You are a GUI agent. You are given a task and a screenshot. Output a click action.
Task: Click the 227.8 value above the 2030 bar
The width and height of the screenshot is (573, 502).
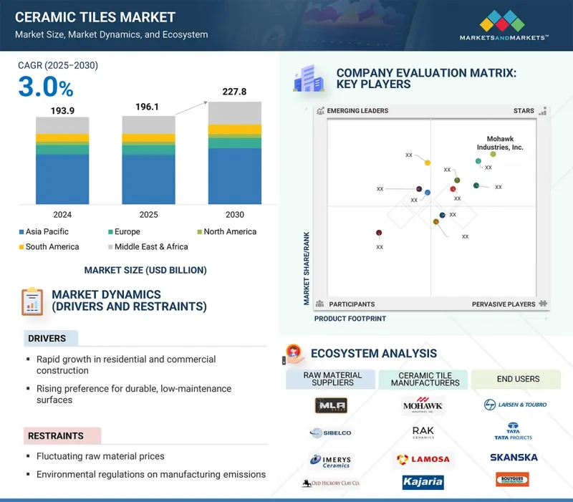(x=234, y=92)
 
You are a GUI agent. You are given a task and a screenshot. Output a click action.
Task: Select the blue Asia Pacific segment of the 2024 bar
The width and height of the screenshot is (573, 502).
(x=62, y=179)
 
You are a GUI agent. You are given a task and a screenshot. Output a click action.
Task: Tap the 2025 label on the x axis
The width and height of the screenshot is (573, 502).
(x=148, y=215)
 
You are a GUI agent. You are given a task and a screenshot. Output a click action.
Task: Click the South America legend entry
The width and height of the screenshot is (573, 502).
(x=48, y=247)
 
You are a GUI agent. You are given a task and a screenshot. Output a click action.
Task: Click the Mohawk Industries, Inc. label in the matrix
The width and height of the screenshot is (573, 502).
(x=500, y=143)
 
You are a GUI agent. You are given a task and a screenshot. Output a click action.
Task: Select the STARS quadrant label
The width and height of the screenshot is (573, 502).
(x=524, y=111)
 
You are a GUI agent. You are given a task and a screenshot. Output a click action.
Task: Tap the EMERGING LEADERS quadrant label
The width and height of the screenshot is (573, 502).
(x=357, y=111)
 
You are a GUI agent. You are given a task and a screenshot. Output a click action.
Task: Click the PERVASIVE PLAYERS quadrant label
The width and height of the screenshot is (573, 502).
(x=504, y=304)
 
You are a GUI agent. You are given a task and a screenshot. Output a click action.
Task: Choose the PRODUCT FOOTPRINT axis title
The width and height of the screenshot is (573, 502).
(x=350, y=319)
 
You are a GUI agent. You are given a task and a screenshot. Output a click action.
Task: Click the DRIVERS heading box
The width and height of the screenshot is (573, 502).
(x=48, y=338)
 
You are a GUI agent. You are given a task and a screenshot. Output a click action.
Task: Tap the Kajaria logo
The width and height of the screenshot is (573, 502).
(x=423, y=482)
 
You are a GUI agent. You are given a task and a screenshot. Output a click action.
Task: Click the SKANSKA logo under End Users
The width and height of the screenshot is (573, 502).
(x=514, y=457)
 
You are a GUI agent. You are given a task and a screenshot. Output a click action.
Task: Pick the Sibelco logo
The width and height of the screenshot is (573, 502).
(x=330, y=433)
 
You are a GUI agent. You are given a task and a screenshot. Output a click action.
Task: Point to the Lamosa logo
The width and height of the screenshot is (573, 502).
(x=423, y=458)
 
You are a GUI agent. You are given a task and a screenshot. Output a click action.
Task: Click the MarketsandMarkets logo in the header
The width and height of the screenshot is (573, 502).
(x=504, y=25)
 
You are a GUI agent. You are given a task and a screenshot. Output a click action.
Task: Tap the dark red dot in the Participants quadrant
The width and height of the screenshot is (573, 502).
(x=379, y=233)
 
